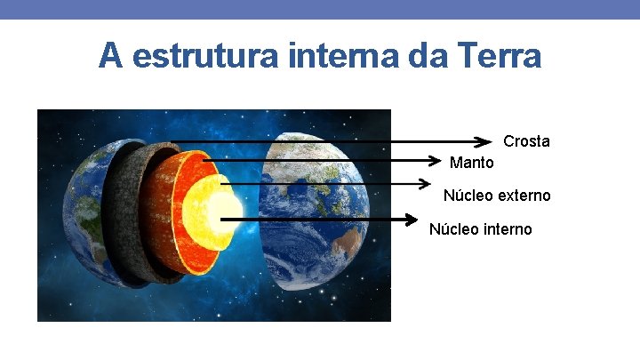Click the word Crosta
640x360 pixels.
click(526, 141)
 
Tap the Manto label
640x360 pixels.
click(471, 163)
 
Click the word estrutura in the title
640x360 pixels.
click(189, 56)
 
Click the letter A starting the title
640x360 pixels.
click(109, 56)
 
